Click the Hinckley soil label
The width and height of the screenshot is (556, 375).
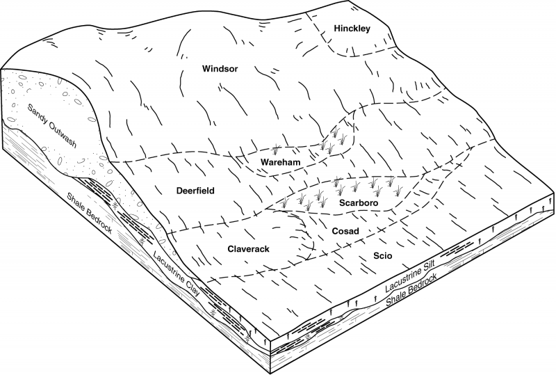point(352,29)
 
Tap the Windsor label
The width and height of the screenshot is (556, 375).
point(220,69)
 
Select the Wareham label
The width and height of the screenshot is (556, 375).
point(281,162)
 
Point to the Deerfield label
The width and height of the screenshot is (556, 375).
point(195,191)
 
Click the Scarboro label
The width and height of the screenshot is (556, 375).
point(359,202)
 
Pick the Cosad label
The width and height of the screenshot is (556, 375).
point(345,231)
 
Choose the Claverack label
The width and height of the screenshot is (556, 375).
point(248,249)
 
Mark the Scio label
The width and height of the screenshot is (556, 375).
point(383,255)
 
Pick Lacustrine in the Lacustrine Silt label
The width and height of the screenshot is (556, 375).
point(401,280)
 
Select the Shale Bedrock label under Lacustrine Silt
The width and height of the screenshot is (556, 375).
point(411,290)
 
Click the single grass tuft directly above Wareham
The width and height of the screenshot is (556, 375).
point(275,151)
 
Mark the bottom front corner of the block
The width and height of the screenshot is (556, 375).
point(271,373)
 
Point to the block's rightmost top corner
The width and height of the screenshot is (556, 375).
point(553,195)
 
